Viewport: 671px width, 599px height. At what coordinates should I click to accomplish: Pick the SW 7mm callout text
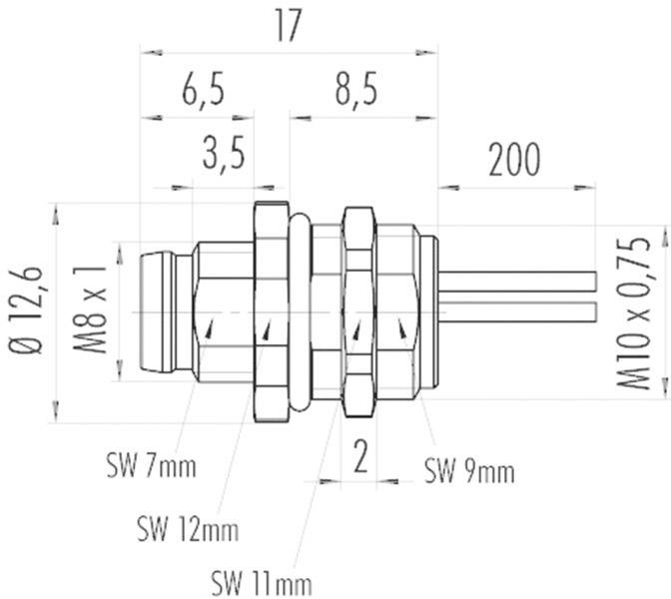[151, 465]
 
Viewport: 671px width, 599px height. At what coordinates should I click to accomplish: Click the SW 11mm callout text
[262, 579]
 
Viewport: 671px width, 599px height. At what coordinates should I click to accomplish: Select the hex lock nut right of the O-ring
[357, 309]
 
